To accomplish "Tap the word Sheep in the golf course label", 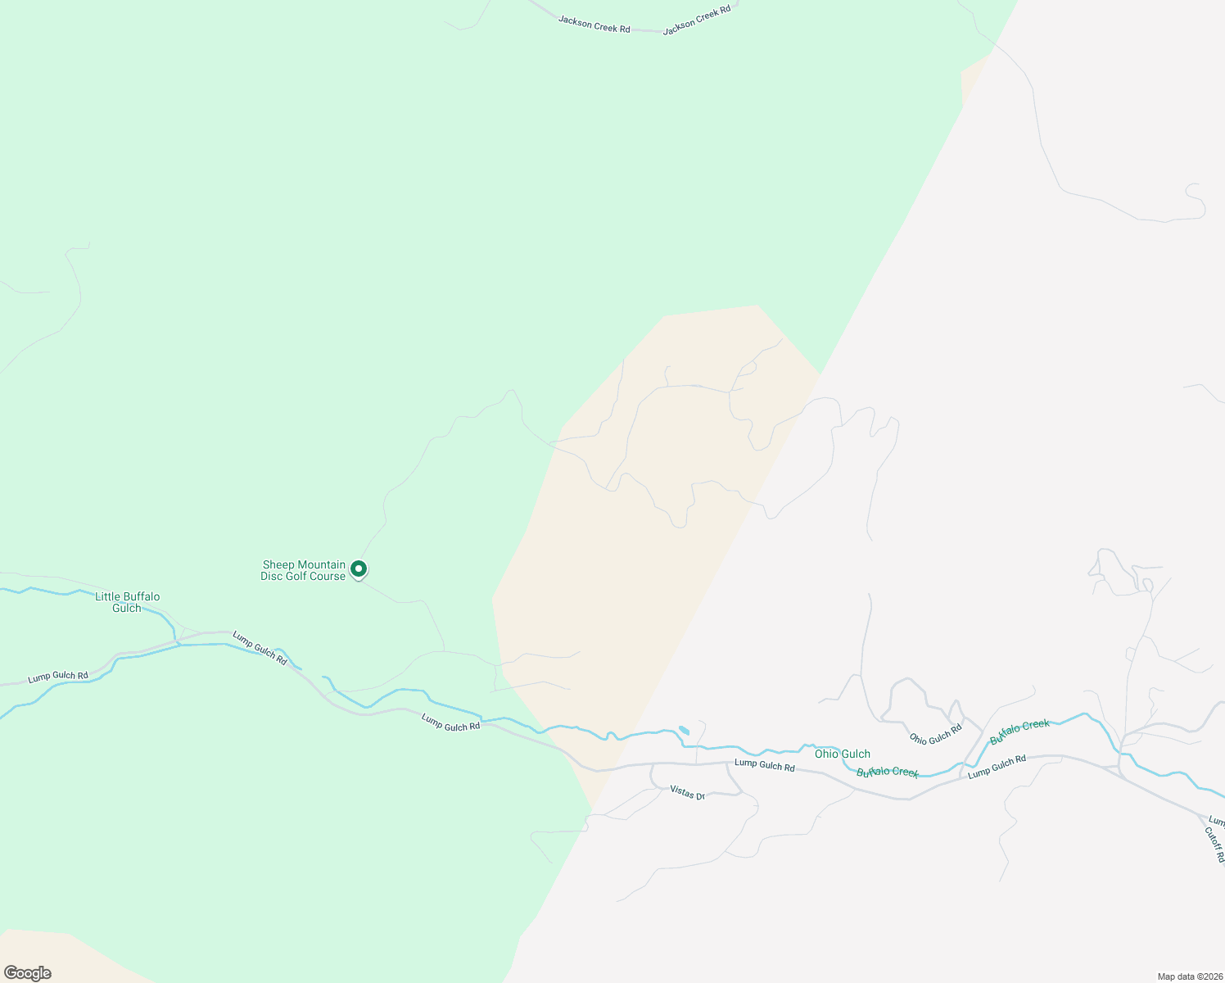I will [x=277, y=565].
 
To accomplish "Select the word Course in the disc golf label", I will [x=328, y=577].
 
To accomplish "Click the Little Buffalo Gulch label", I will [x=127, y=602].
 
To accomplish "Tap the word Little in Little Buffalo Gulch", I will [x=108, y=596].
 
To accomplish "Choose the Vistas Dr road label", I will [x=687, y=791].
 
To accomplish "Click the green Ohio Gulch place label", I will [x=842, y=754].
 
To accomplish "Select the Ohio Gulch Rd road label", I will [x=935, y=733].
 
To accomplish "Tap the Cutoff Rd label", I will [x=1214, y=844].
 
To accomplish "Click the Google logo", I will [x=27, y=973].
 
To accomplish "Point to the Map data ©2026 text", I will [x=1188, y=976].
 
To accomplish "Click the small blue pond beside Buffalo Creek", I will [x=684, y=730].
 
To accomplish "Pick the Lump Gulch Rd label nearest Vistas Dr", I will [x=764, y=765].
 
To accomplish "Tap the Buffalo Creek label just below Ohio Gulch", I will [x=887, y=772].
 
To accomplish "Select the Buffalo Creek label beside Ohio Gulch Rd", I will [x=1019, y=732].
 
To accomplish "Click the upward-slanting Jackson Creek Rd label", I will [x=696, y=20].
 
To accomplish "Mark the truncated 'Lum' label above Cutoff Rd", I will [x=1217, y=822].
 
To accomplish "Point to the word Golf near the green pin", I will [x=298, y=577].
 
